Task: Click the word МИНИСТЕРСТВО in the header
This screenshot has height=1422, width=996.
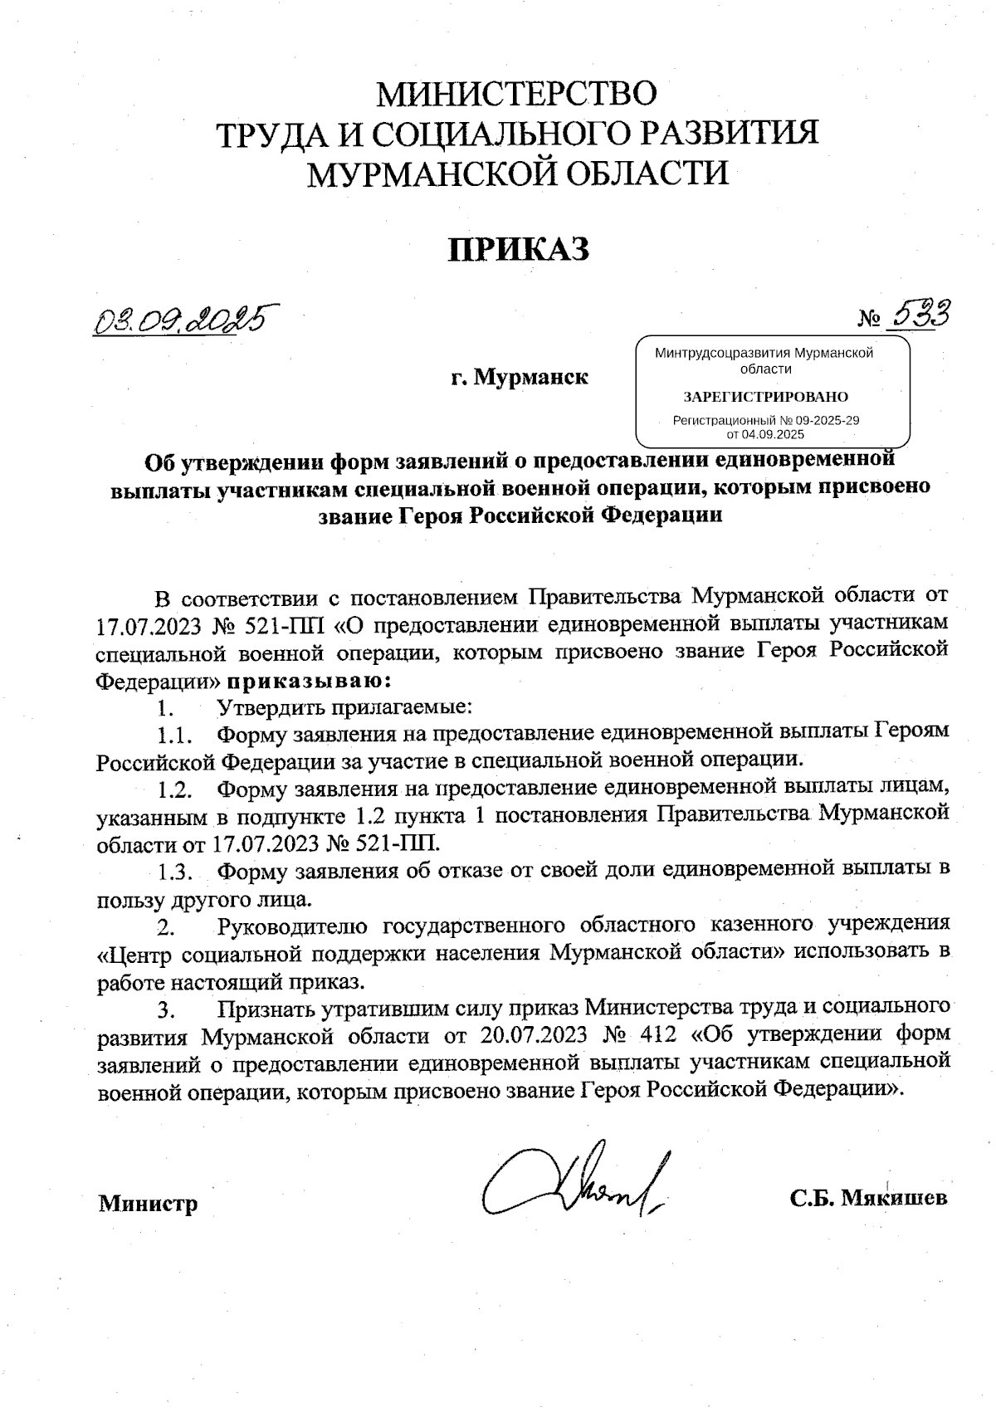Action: [518, 93]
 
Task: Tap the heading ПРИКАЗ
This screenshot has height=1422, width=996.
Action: [518, 248]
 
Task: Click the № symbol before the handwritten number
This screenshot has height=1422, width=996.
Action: [869, 319]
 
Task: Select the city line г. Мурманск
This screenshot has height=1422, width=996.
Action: [520, 379]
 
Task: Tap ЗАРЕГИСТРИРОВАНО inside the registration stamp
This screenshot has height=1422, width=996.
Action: [765, 396]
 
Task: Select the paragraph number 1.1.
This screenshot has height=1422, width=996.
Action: [176, 735]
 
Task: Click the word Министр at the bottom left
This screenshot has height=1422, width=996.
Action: [149, 1204]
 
